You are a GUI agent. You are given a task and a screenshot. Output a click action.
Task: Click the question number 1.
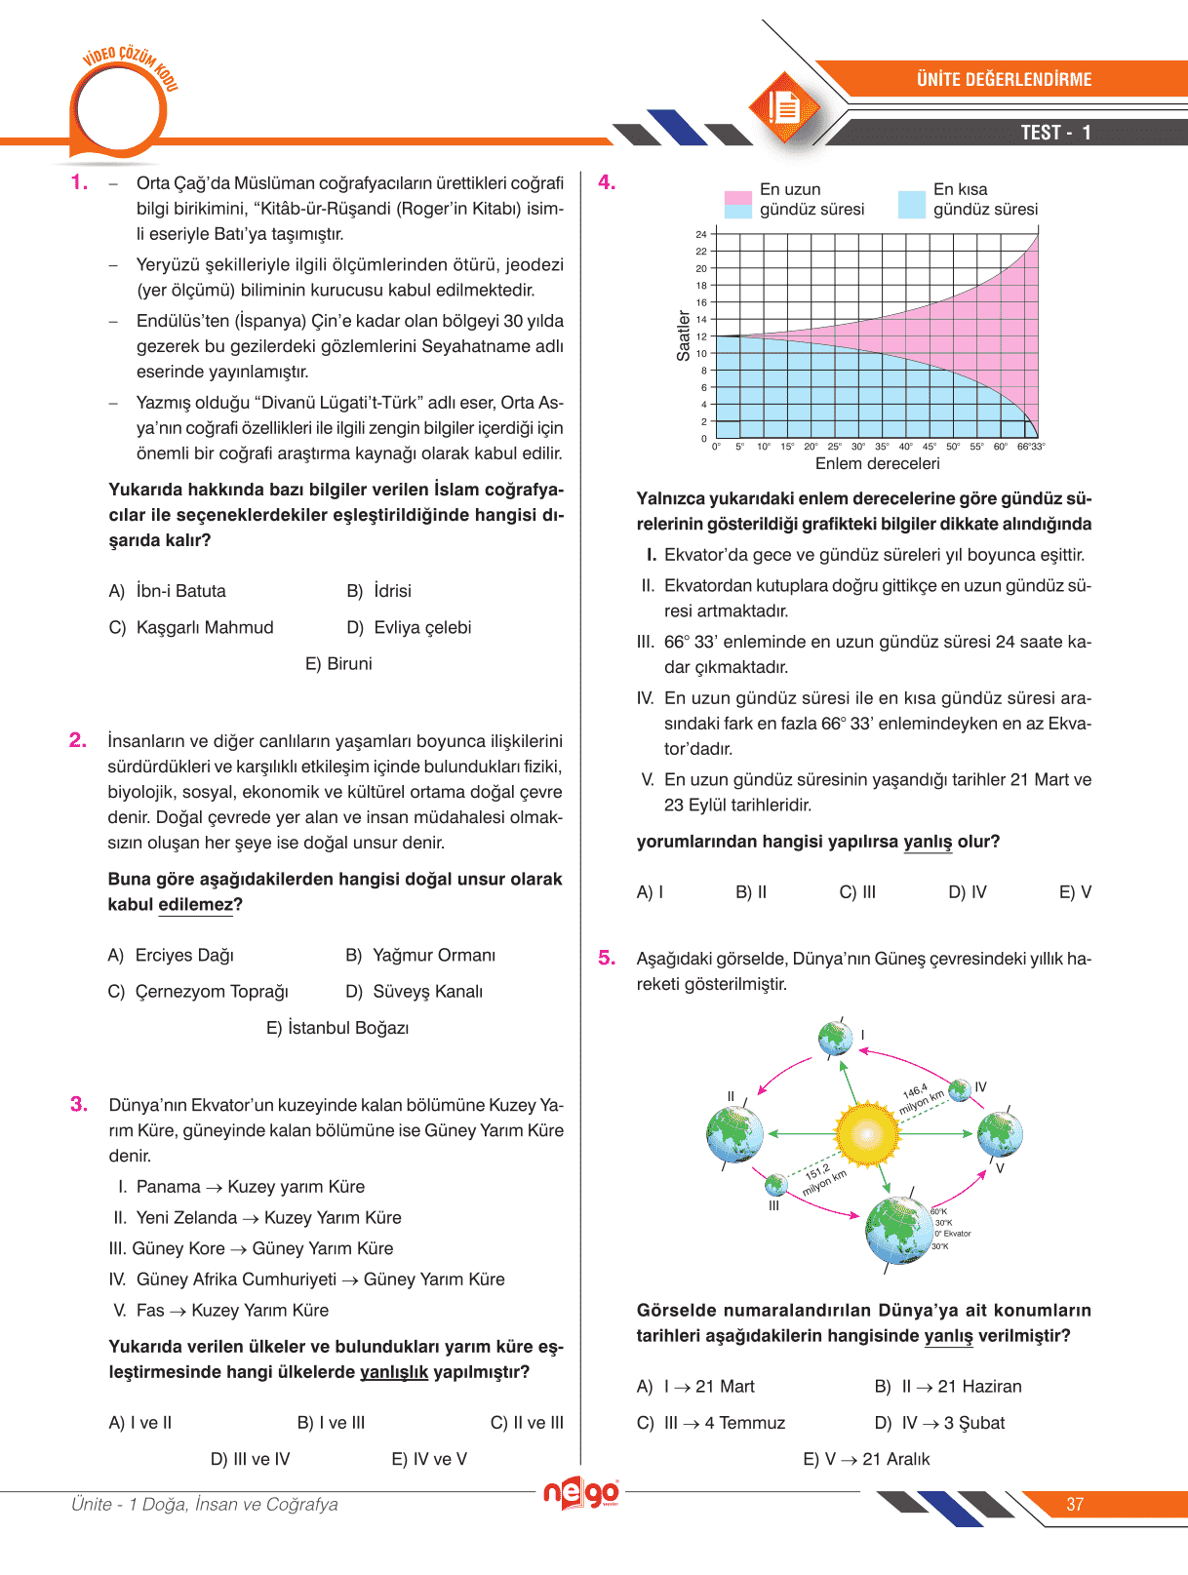click(78, 182)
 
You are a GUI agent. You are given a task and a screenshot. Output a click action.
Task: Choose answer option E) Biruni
click(338, 664)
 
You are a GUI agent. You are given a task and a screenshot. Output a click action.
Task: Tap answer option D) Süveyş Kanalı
click(415, 992)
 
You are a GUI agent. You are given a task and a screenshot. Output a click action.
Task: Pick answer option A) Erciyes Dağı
click(171, 956)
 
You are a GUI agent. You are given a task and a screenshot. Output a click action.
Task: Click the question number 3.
click(79, 1104)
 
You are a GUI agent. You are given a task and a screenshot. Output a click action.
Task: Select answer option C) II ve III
click(527, 1423)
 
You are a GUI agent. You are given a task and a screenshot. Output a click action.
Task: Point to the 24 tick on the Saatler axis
click(701, 235)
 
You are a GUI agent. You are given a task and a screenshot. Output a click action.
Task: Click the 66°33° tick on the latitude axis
click(1031, 447)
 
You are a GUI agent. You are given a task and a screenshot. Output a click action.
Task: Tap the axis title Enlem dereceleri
click(877, 464)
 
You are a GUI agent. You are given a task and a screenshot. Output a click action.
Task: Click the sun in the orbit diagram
click(866, 1134)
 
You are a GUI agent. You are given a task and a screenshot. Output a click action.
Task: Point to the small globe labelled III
click(775, 1184)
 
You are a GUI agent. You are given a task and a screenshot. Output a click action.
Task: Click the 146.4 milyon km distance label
click(922, 1098)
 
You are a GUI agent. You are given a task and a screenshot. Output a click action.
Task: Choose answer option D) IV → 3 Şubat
click(939, 1423)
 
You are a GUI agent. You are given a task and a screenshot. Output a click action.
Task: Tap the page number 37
click(1075, 1505)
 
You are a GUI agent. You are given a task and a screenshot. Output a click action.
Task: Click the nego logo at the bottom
click(581, 1493)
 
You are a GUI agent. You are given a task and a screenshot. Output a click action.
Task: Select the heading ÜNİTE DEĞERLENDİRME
click(1004, 80)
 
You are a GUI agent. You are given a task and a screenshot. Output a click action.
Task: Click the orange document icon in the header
click(783, 107)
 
